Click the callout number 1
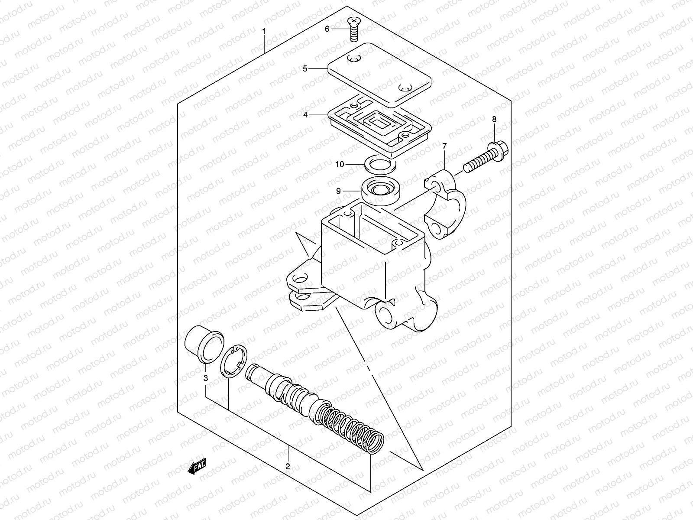coord(263,32)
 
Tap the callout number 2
coord(287,467)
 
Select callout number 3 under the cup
coord(206,378)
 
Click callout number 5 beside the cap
coord(305,68)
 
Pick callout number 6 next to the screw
coord(327,29)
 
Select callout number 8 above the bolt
coord(494,119)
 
